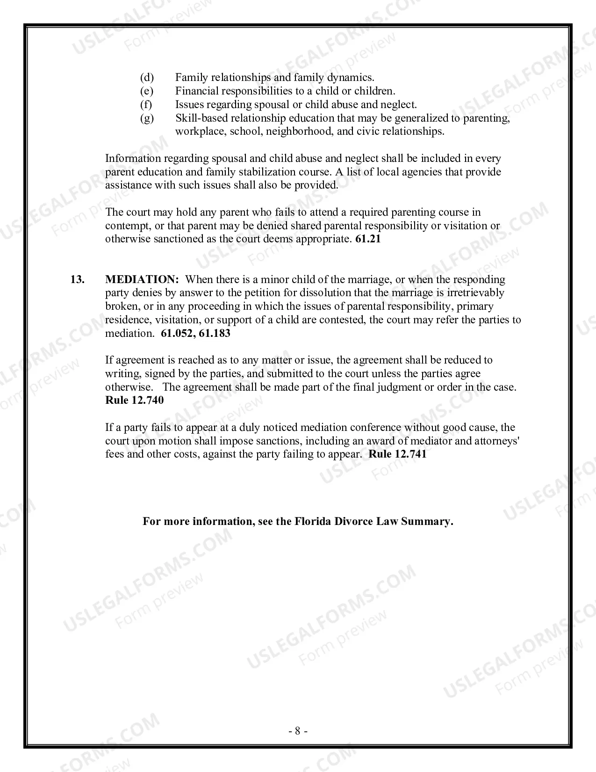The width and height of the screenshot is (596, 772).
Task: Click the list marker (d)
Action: pyautogui.click(x=147, y=77)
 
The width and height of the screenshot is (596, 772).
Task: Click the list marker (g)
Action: pyautogui.click(x=147, y=118)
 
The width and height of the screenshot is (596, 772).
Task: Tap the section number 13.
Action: pyautogui.click(x=77, y=279)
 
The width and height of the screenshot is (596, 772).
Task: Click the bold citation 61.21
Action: pyautogui.click(x=368, y=239)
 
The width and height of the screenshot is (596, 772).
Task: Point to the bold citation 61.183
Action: pyautogui.click(x=215, y=334)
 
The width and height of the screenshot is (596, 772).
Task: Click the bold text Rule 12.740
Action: pyautogui.click(x=135, y=401)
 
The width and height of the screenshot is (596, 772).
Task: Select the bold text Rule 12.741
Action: pyautogui.click(x=398, y=454)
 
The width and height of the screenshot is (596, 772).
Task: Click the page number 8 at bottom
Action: pyautogui.click(x=298, y=731)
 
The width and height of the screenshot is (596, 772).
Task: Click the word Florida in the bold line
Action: pyautogui.click(x=313, y=522)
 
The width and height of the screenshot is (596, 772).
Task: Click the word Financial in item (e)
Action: pyautogui.click(x=197, y=91)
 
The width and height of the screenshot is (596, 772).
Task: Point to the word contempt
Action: pyautogui.click(x=127, y=226)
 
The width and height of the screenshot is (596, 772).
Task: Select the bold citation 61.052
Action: pyautogui.click(x=177, y=334)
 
